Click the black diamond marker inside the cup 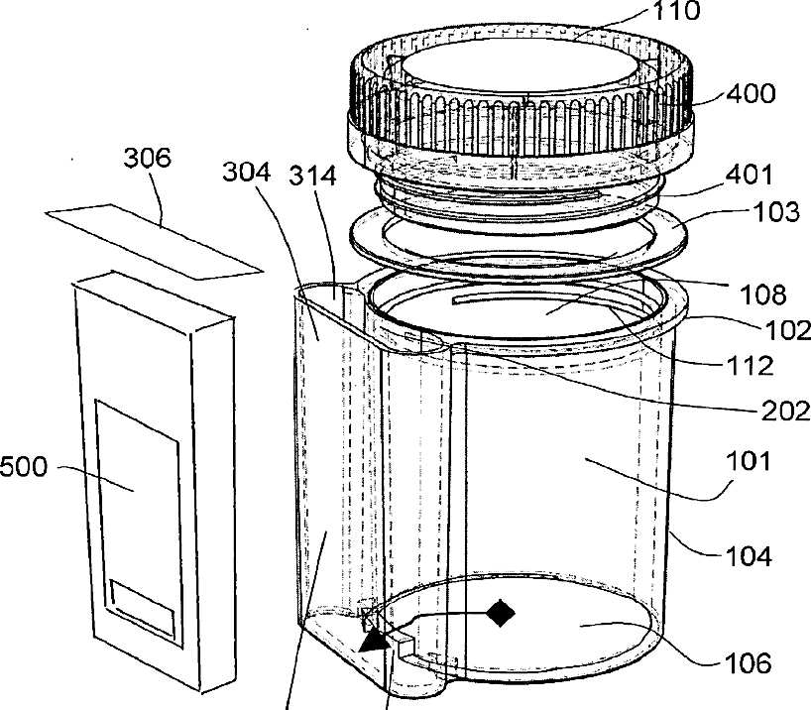(x=501, y=612)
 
